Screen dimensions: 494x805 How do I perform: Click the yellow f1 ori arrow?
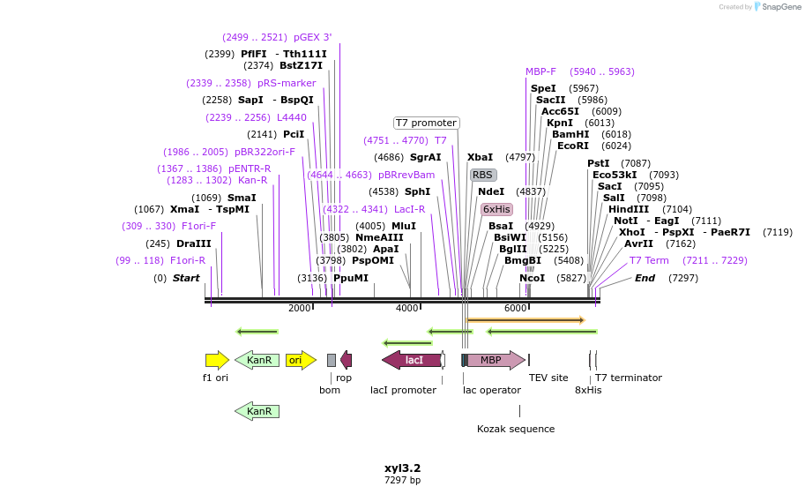217,360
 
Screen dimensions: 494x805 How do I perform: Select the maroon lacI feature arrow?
412,360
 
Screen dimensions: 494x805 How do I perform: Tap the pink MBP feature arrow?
493,360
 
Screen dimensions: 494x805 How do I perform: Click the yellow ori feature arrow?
300,360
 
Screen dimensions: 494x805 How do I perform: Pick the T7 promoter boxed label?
426,123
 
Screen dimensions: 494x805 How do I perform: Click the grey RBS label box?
482,175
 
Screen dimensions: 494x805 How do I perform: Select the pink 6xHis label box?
496,209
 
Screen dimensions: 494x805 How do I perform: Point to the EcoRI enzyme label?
572,146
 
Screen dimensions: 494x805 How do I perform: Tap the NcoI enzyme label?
532,278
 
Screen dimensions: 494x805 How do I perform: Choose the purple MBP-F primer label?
540,71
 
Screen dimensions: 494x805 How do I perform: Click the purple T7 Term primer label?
649,260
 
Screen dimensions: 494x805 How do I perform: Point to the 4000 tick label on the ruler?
406,308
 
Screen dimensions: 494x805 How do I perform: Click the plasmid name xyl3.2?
402,468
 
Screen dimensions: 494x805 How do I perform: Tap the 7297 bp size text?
402,481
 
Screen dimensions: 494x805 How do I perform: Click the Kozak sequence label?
516,429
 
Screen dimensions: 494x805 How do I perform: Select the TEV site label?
548,378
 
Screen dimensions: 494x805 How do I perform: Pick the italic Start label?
186,278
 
